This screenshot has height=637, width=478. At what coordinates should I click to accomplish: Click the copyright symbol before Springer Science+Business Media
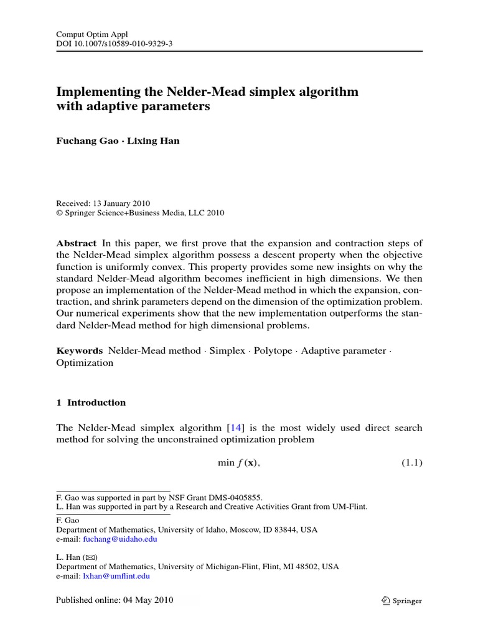(x=60, y=213)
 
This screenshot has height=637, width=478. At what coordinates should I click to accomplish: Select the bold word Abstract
(x=77, y=243)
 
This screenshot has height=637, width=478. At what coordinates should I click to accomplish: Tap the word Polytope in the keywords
(x=273, y=351)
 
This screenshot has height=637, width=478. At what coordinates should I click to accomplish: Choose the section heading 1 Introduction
(x=91, y=402)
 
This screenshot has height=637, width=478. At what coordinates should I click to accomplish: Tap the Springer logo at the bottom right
(x=402, y=601)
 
